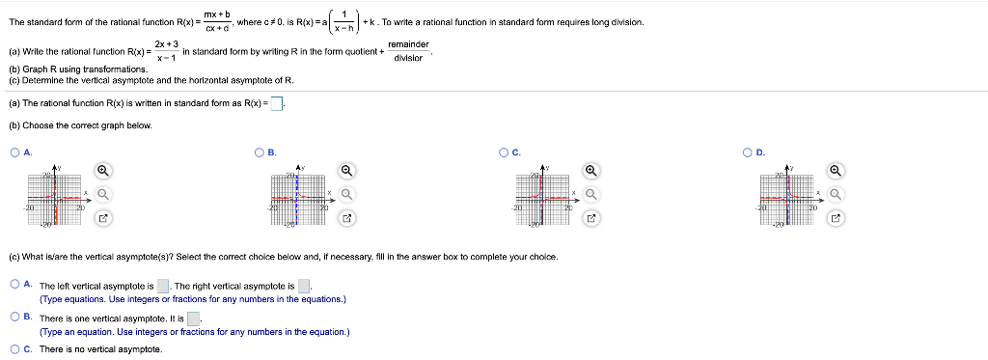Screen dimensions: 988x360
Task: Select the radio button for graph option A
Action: click(14, 152)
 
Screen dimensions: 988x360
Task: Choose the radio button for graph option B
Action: click(260, 152)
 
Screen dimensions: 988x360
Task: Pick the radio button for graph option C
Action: click(504, 152)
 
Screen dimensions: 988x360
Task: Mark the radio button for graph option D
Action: click(749, 152)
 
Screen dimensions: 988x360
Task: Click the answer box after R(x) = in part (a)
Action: click(276, 104)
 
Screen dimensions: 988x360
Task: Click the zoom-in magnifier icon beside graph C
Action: click(591, 171)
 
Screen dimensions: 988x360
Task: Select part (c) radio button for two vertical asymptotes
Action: click(14, 285)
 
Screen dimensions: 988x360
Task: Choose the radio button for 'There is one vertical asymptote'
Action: click(14, 317)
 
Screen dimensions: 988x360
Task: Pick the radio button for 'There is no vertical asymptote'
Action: click(14, 348)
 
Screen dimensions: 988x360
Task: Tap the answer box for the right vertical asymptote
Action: click(304, 286)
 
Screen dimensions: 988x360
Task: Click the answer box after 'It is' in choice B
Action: click(193, 318)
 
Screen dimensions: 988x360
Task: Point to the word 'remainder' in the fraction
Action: click(408, 44)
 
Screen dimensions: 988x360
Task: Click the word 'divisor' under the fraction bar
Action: click(408, 58)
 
